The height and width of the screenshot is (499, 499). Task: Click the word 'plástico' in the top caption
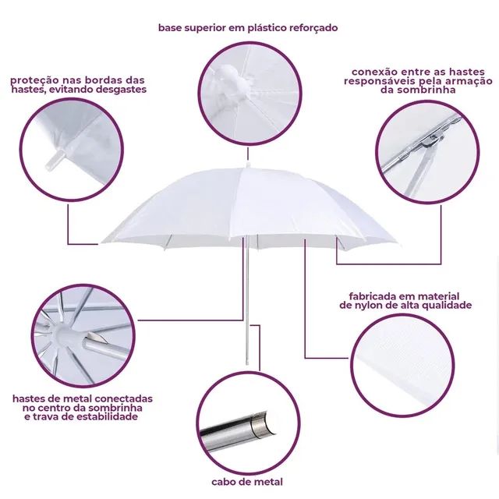pyautogui.click(x=267, y=28)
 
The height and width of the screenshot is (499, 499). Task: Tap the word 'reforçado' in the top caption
pyautogui.click(x=313, y=28)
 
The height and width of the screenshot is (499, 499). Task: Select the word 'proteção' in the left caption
pyautogui.click(x=30, y=80)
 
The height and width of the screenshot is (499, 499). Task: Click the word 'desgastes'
pyautogui.click(x=122, y=89)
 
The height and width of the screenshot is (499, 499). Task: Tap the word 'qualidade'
pyautogui.click(x=446, y=305)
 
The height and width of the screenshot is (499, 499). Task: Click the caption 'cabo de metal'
pyautogui.click(x=247, y=482)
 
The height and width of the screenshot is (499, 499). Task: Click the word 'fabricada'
pyautogui.click(x=373, y=296)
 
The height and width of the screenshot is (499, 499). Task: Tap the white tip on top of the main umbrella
pyautogui.click(x=248, y=166)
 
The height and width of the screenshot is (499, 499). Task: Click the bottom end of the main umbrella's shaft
pyautogui.click(x=248, y=365)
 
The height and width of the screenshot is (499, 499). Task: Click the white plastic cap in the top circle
pyautogui.click(x=229, y=83)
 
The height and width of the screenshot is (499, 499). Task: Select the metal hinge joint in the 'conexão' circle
pyautogui.click(x=434, y=140)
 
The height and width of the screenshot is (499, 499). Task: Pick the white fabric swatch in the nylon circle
pyautogui.click(x=402, y=366)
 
